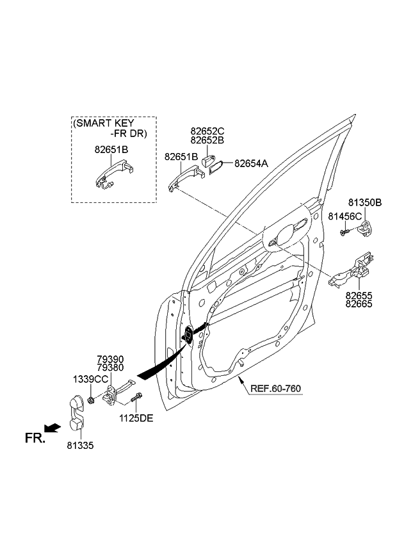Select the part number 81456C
point(344,216)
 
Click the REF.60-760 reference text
point(275,388)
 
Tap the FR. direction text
point(35,438)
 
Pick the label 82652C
point(207,130)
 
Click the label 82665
point(361,305)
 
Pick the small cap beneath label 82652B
point(207,158)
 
